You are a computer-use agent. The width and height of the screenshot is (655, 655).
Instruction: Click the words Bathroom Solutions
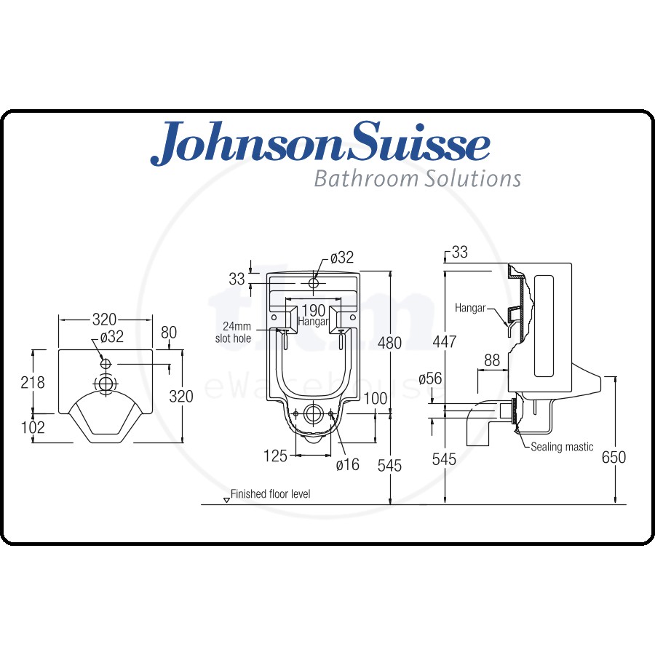coord(417,178)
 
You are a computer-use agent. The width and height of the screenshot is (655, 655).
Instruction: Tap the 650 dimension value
coord(614,457)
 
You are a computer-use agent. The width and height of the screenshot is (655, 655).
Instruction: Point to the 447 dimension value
coord(444,342)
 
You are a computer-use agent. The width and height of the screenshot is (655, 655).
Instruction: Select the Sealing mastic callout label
coord(562,447)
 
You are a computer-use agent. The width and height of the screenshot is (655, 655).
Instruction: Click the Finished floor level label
coord(270,494)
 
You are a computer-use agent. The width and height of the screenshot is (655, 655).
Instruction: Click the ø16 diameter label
coord(347,464)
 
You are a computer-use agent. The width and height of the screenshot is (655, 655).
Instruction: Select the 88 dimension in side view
coord(491,360)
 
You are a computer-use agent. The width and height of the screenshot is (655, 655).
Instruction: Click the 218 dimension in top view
coord(33,382)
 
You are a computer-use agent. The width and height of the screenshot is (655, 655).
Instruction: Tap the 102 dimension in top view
coord(33,427)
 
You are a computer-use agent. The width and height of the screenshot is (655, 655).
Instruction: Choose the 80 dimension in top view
coord(169,333)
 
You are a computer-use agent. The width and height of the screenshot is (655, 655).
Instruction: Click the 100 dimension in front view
coord(375,399)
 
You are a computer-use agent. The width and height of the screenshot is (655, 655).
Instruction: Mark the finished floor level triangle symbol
coord(226,500)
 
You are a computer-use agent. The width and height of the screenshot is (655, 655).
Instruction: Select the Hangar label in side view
coord(470,308)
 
